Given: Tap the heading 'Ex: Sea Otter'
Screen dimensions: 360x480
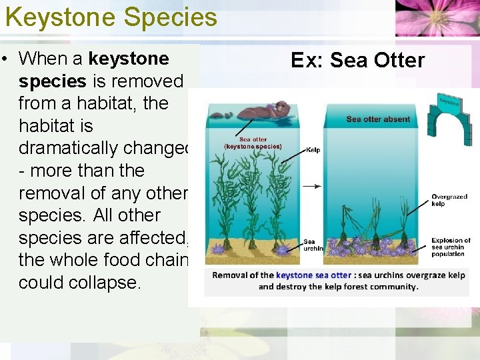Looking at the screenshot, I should [x=357, y=61].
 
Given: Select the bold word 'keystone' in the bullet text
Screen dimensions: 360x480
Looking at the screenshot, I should [x=129, y=59].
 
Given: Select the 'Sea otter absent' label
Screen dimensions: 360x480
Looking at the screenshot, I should [x=378, y=119].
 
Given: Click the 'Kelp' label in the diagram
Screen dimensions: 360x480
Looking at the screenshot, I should [x=313, y=150].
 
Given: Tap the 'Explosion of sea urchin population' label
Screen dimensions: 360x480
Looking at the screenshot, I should [x=451, y=247].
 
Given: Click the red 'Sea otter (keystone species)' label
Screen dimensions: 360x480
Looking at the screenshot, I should [x=253, y=143].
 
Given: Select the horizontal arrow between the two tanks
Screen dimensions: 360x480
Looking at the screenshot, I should [x=312, y=186].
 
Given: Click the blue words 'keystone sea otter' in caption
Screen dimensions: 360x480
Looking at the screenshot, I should [x=313, y=275].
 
